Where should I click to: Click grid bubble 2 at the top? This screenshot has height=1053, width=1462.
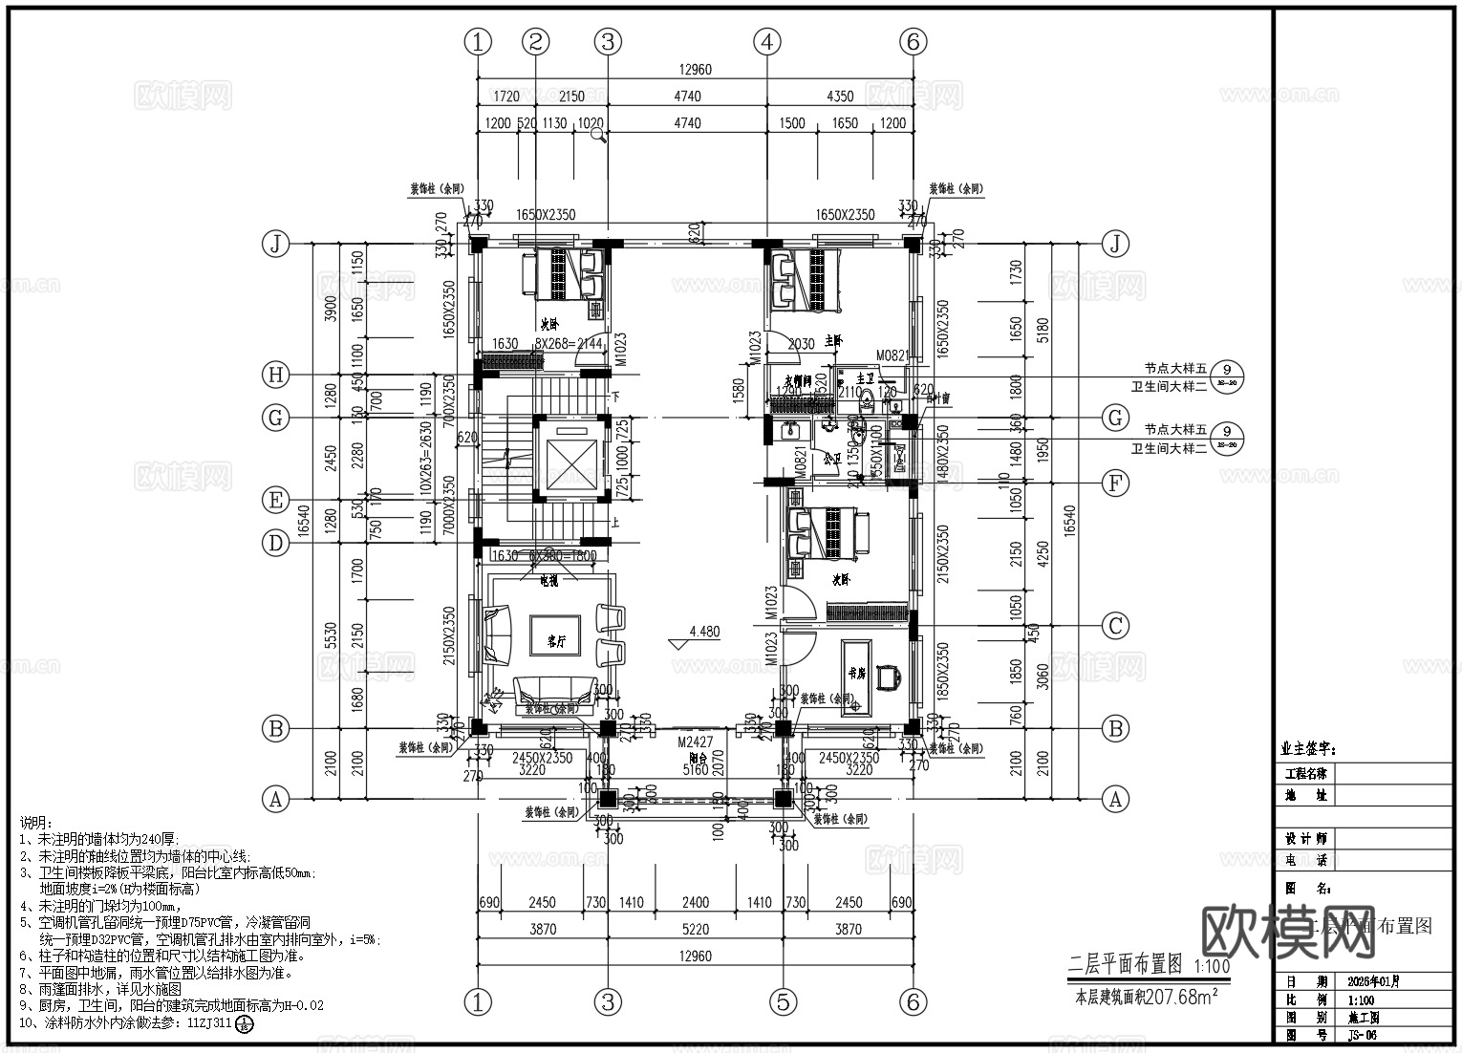pyautogui.click(x=536, y=42)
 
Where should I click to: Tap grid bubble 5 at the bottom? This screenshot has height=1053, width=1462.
pyautogui.click(x=783, y=1001)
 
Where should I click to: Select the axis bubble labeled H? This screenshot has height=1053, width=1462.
pyautogui.click(x=276, y=376)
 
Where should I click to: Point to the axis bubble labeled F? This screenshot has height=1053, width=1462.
pyautogui.click(x=1115, y=483)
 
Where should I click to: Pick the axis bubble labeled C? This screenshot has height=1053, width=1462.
pyautogui.click(x=1115, y=627)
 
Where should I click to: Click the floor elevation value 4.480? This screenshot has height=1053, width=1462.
pyautogui.click(x=704, y=632)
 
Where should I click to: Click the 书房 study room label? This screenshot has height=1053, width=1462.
pyautogui.click(x=856, y=673)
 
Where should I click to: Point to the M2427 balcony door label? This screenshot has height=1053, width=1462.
pyautogui.click(x=695, y=741)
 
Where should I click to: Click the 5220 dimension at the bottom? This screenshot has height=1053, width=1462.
pyautogui.click(x=695, y=929)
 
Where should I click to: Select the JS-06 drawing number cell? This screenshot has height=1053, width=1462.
pyautogui.click(x=1362, y=1035)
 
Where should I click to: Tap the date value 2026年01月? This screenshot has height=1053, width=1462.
pyautogui.click(x=1373, y=981)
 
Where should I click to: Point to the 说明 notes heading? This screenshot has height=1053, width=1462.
pyautogui.click(x=32, y=823)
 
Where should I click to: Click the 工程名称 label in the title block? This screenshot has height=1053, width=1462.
pyautogui.click(x=1305, y=773)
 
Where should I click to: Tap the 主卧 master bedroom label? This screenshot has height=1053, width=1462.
pyautogui.click(x=833, y=340)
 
